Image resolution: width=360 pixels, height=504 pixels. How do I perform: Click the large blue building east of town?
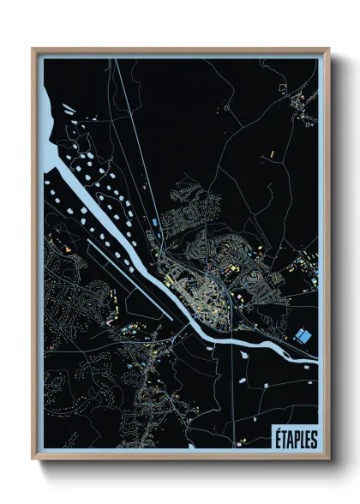click(x=301, y=335)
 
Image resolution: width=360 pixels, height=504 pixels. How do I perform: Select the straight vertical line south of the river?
click(x=232, y=377)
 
